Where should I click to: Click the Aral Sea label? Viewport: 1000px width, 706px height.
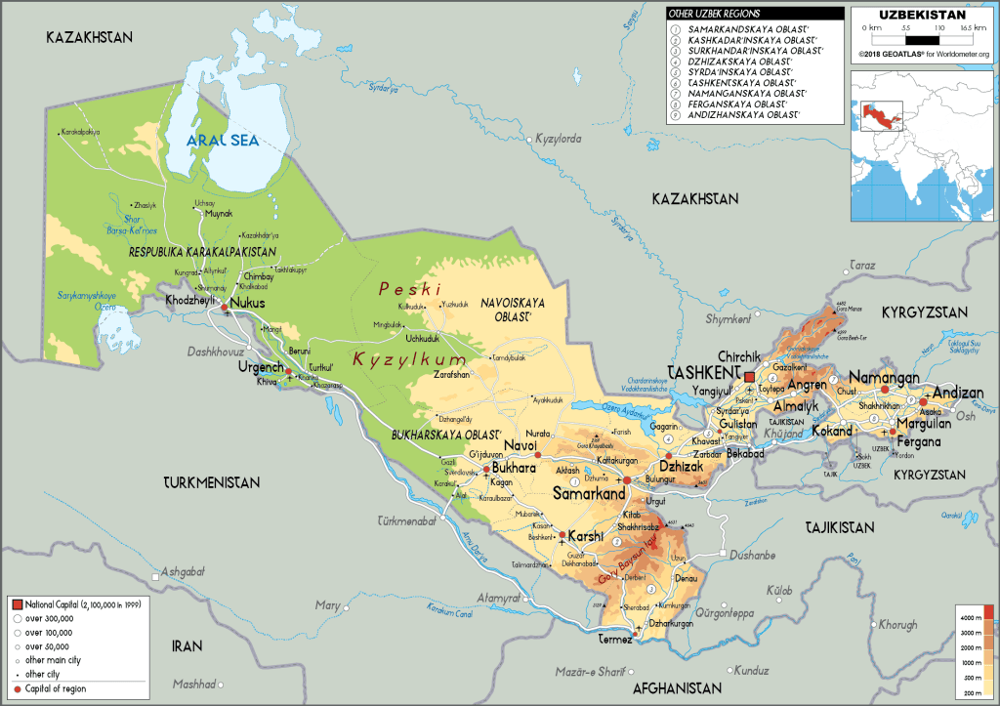tap(223, 141)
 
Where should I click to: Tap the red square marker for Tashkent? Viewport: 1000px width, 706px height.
tap(750, 377)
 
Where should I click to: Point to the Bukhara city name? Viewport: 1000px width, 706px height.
tap(515, 469)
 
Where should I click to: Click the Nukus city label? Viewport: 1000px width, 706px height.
tap(248, 303)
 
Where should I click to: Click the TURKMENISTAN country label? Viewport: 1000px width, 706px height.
tap(212, 482)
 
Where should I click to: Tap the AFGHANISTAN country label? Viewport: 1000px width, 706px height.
tap(682, 687)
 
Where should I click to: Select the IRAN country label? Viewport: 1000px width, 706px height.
tap(187, 645)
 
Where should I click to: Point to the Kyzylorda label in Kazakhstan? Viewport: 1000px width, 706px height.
tap(560, 140)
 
